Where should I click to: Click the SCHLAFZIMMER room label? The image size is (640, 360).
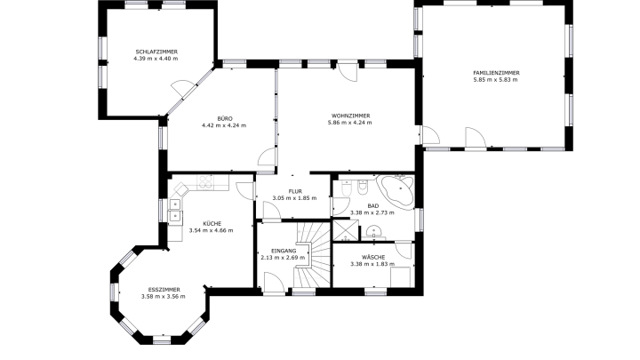tap(156, 52)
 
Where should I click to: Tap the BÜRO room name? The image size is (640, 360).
tap(225, 119)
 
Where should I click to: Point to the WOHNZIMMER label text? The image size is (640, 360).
tap(350, 116)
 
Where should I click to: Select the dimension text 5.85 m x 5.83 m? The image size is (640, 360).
tap(495, 80)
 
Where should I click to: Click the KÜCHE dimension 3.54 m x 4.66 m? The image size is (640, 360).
tap(211, 230)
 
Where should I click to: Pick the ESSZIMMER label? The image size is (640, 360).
tap(164, 290)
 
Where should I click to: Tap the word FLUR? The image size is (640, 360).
tap(295, 191)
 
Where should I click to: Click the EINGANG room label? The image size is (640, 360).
tap(284, 251)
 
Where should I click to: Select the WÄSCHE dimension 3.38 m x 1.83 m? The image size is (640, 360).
tap(372, 264)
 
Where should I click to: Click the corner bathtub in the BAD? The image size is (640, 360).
tap(396, 190)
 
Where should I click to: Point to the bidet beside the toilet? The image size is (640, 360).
tap(363, 187)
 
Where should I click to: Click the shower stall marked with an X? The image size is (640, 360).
tap(346, 230)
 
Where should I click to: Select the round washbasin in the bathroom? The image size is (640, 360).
tap(373, 232)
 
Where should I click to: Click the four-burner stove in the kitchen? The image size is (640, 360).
tap(205, 182)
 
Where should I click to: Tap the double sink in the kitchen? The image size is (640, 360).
tap(175, 210)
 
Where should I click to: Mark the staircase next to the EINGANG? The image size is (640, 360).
tap(313, 254)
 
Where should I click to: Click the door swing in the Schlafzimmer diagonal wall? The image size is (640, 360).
tap(180, 88)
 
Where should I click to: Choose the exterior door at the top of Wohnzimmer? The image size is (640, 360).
tap(348, 71)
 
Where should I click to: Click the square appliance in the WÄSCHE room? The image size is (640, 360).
tap(400, 276)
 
